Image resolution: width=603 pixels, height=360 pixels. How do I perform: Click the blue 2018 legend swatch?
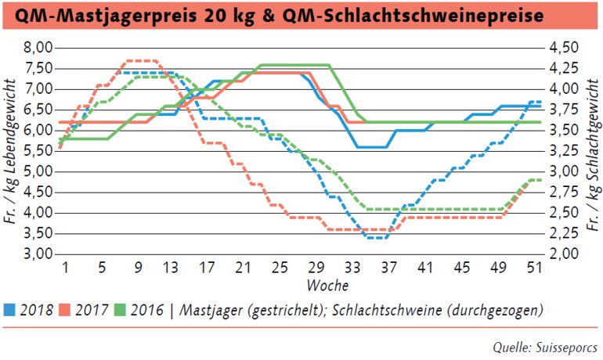coord(10,310)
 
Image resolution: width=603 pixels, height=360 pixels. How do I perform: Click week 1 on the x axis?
coord(67,267)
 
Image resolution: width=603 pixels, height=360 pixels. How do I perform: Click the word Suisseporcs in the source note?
coord(565,346)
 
